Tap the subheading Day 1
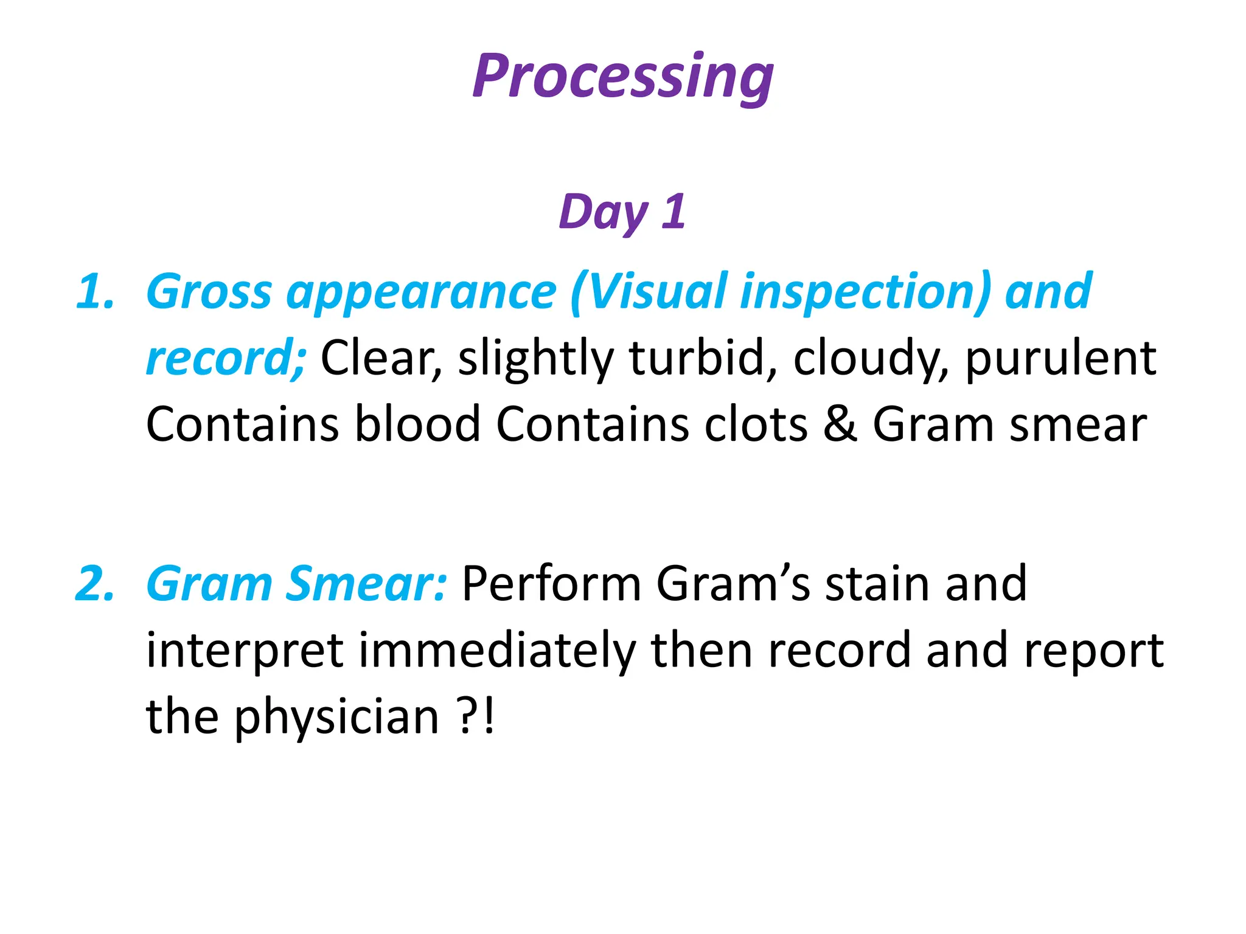click(622, 212)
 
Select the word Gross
click(209, 292)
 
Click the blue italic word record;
click(226, 359)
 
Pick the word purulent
click(1060, 359)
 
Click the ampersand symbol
click(840, 424)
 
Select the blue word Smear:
click(366, 584)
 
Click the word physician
click(336, 718)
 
